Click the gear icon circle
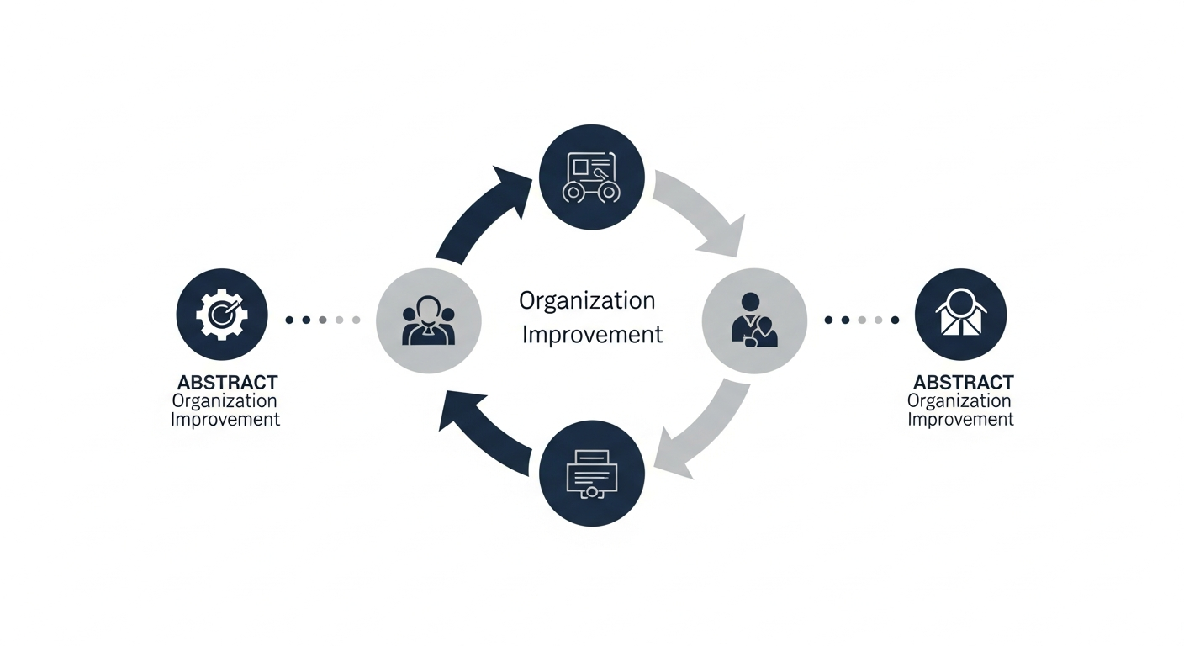tap(222, 315)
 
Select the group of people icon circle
tap(429, 320)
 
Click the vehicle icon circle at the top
tap(592, 177)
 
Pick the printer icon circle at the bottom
tap(592, 473)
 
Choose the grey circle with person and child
tap(754, 320)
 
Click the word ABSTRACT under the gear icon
tap(227, 384)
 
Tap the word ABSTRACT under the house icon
tap(964, 384)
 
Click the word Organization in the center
tap(587, 300)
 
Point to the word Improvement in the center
tap(593, 335)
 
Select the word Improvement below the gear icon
tap(225, 419)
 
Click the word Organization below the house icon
tap(959, 401)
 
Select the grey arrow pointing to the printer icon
tap(703, 429)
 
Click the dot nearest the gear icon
tap(289, 320)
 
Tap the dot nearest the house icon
tap(896, 320)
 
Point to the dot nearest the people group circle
tap(356, 320)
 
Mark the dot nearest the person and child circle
tap(828, 320)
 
